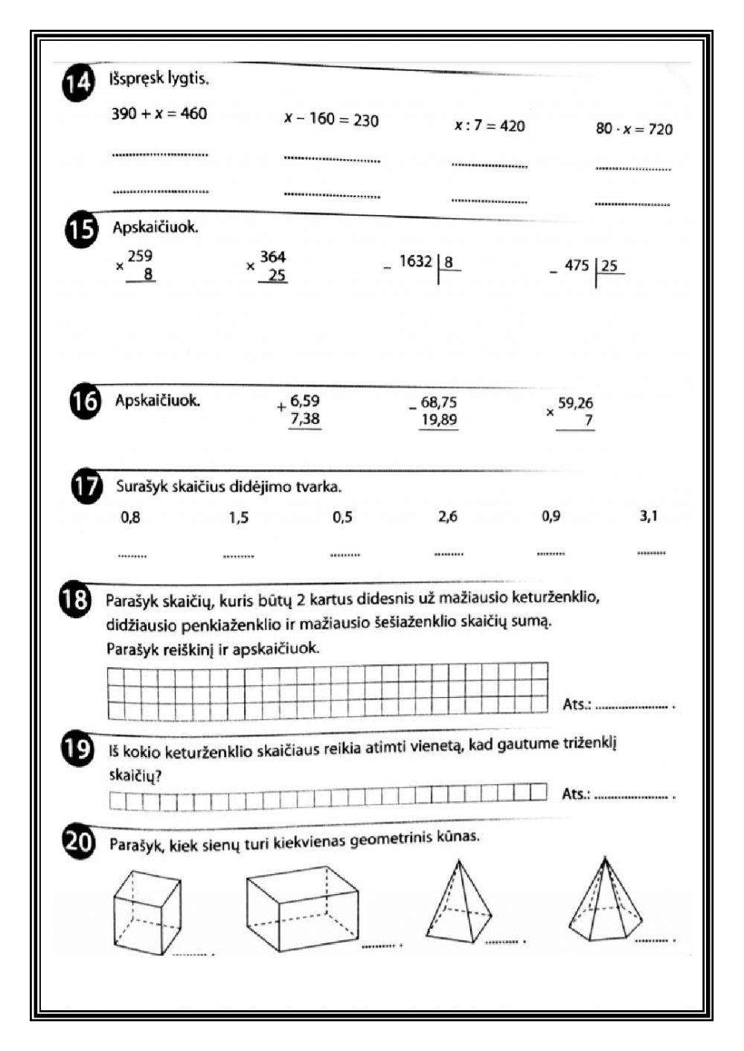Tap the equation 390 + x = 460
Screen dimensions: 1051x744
[x=159, y=114]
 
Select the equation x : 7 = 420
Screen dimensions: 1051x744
[x=490, y=126]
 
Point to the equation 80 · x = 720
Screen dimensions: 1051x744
[x=634, y=129]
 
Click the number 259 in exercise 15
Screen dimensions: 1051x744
[x=140, y=257]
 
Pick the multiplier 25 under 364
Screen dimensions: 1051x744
[x=276, y=276]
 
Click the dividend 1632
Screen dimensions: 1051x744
[x=415, y=261]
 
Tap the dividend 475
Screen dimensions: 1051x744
[x=577, y=266]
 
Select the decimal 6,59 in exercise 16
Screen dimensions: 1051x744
[x=305, y=401]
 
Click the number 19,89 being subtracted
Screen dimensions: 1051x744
[x=439, y=420]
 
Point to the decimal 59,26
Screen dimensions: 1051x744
[x=575, y=403]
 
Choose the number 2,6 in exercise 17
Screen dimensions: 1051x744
[x=448, y=517]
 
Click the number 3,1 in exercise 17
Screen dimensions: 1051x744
[x=648, y=516]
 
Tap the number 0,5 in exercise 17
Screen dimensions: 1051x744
[x=342, y=518]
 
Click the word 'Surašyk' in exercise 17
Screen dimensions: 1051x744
[x=141, y=487]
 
